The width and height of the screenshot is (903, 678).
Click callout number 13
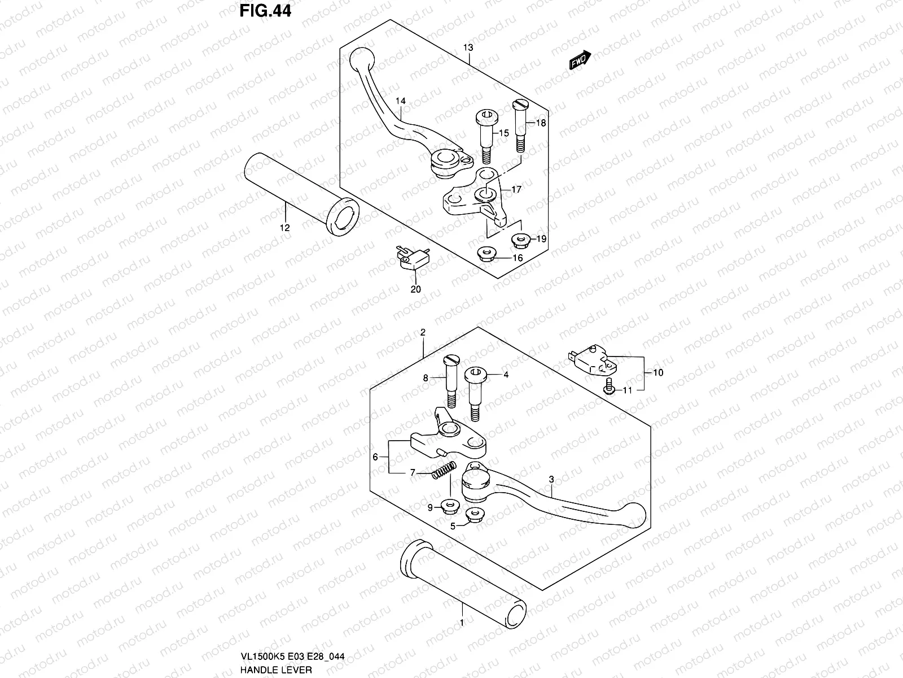pos(468,47)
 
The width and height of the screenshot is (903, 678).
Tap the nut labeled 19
pos(520,241)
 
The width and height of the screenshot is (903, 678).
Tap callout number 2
pos(423,333)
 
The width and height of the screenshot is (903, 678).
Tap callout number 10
pos(657,373)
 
